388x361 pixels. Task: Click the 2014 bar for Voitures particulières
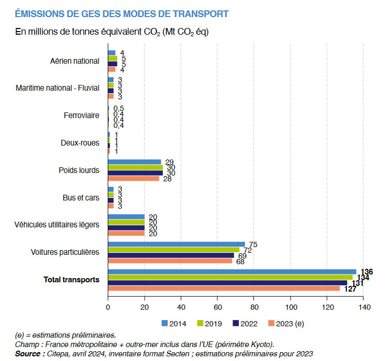[176, 244]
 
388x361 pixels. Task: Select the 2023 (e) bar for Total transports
[224, 288]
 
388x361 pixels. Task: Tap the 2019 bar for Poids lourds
[135, 167]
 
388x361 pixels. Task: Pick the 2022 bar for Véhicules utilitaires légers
[126, 227]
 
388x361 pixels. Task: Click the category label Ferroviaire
[81, 115]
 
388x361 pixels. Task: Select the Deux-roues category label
[80, 143]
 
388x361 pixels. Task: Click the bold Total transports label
[71, 280]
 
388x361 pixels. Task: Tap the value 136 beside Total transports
[366, 272]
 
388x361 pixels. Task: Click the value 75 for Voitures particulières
[253, 244]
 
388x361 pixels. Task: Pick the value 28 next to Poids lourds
[167, 179]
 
